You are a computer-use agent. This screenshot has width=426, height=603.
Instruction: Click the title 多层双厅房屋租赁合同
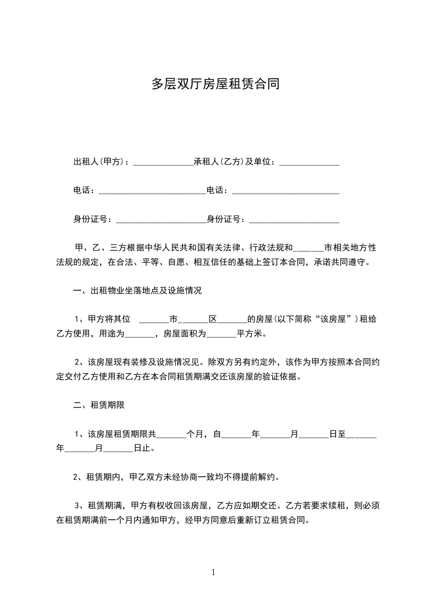[215, 84]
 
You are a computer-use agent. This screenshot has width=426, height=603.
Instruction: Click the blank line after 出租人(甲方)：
[163, 162]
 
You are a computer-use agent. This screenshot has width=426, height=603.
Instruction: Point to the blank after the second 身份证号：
[294, 219]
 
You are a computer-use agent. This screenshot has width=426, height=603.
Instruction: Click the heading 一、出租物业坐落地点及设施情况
[137, 291]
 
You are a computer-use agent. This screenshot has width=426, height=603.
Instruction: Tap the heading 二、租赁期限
[99, 405]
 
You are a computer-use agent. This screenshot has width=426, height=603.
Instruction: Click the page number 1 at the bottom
[213, 572]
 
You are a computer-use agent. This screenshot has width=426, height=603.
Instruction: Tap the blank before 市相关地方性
[309, 248]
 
